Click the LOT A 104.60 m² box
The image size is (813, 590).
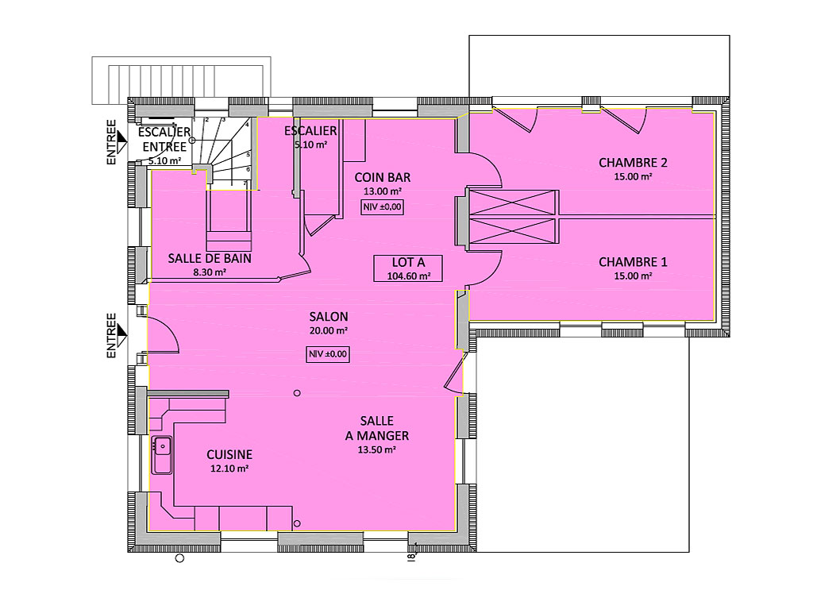click(408, 268)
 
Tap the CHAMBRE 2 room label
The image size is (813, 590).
click(633, 163)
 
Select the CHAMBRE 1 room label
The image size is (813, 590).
click(633, 262)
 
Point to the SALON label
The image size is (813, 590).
click(329, 317)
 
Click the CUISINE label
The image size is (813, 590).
click(229, 455)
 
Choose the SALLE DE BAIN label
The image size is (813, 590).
click(210, 258)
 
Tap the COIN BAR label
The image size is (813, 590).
click(383, 177)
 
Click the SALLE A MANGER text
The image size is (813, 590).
click(377, 428)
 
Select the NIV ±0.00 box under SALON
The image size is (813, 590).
click(327, 354)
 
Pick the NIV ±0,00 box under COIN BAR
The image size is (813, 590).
click(382, 207)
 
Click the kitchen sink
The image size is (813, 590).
click(162, 455)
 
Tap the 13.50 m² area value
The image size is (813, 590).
click(377, 449)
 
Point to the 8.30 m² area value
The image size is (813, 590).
click(210, 272)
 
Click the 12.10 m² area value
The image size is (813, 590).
click(229, 469)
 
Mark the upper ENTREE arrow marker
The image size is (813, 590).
click(121, 141)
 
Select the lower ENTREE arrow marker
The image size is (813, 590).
click(121, 335)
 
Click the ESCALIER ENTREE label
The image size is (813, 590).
click(164, 140)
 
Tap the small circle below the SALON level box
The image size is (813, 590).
click(297, 393)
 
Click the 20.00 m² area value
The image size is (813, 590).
click(329, 330)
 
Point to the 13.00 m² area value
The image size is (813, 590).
click(383, 191)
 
